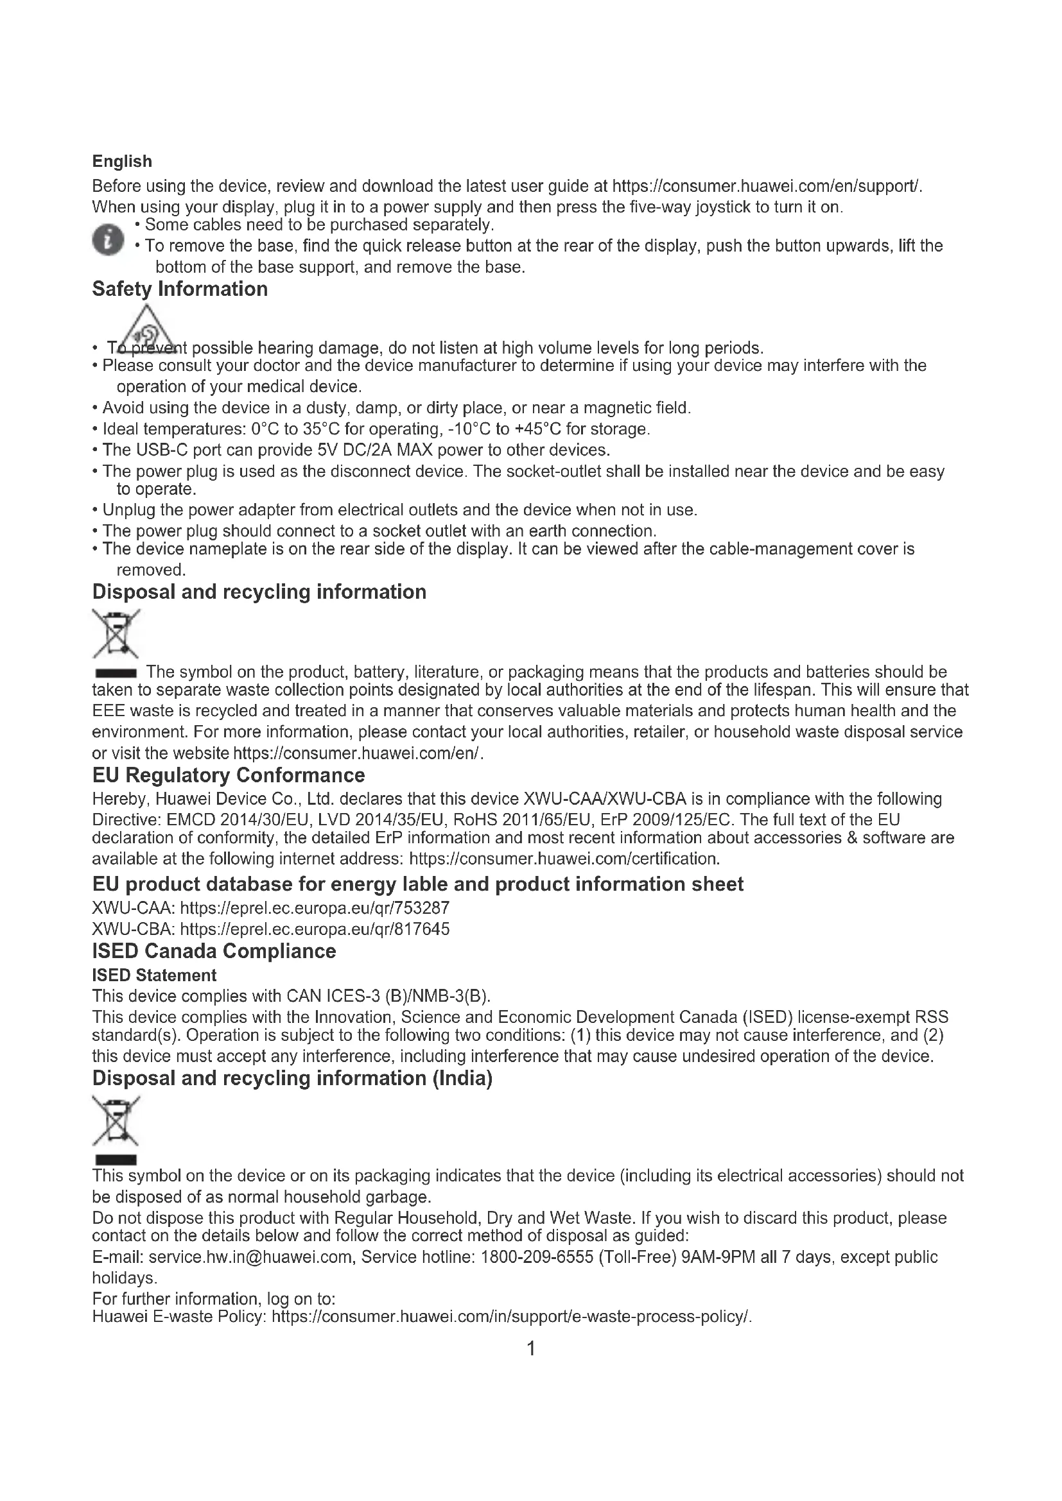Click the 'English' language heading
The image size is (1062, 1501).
(x=121, y=161)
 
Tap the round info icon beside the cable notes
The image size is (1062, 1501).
(x=108, y=240)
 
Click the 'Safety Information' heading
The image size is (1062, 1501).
(x=180, y=289)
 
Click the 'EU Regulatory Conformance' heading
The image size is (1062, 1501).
(x=228, y=775)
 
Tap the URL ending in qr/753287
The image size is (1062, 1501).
(x=315, y=908)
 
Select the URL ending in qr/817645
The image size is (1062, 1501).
(x=315, y=929)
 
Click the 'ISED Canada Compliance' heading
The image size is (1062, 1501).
(x=214, y=951)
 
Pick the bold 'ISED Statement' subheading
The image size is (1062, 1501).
(x=153, y=975)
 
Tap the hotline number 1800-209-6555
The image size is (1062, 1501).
(x=537, y=1257)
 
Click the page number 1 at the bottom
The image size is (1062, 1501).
(x=531, y=1348)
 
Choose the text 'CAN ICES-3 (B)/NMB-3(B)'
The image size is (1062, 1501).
(x=388, y=997)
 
